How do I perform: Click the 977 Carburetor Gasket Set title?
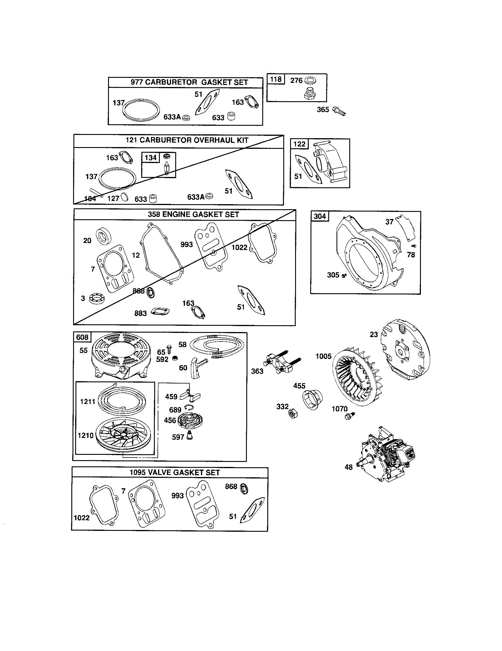189,82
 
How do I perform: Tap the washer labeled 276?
311,80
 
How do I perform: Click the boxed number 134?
151,157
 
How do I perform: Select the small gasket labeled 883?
160,312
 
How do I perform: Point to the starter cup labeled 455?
313,400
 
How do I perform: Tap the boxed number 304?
320,216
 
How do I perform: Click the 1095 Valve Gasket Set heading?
175,473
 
